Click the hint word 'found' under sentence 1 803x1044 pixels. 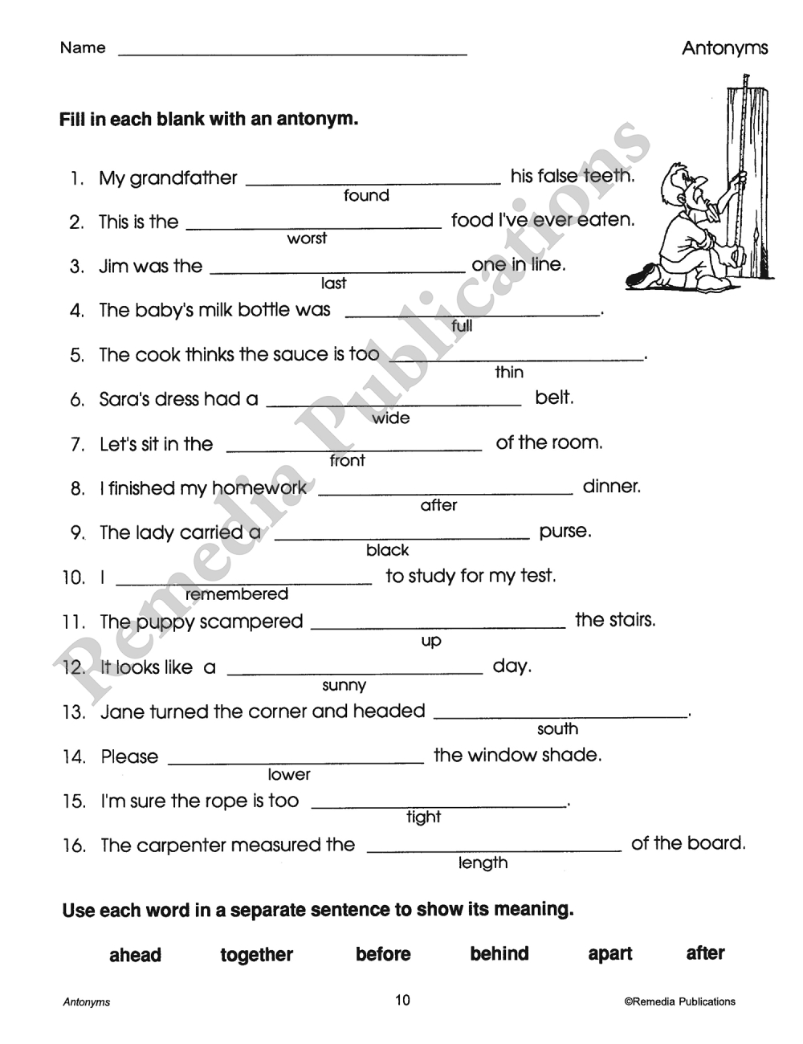[366, 195]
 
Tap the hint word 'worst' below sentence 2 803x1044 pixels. [307, 239]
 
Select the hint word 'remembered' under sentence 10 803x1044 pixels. [236, 594]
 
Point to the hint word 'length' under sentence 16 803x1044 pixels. [483, 863]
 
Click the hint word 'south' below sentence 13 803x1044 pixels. [557, 729]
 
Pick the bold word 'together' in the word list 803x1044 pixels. [256, 955]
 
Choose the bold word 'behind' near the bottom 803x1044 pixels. [499, 954]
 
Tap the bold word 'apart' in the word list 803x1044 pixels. [610, 954]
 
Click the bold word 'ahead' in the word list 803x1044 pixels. [135, 955]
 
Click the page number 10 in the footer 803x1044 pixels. [402, 1000]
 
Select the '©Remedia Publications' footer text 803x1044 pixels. [679, 1001]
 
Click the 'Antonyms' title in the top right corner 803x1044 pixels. [724, 48]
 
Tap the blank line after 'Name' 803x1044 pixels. [292, 53]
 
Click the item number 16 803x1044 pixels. [73, 846]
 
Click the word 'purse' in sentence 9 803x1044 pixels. [565, 531]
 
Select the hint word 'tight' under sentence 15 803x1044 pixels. [423, 818]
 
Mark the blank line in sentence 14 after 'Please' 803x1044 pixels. [296, 761]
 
